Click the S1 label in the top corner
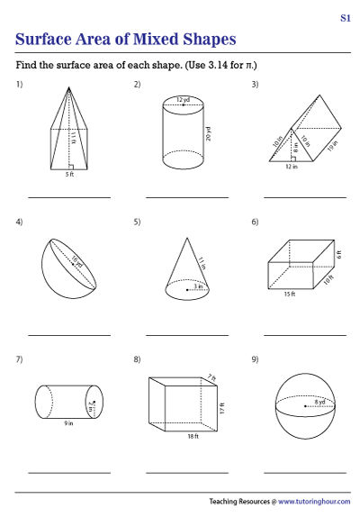tap(345, 18)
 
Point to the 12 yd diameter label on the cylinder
tap(184, 97)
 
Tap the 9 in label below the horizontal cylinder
tap(67, 423)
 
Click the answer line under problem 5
tap(187, 334)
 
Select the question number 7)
tap(19, 359)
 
